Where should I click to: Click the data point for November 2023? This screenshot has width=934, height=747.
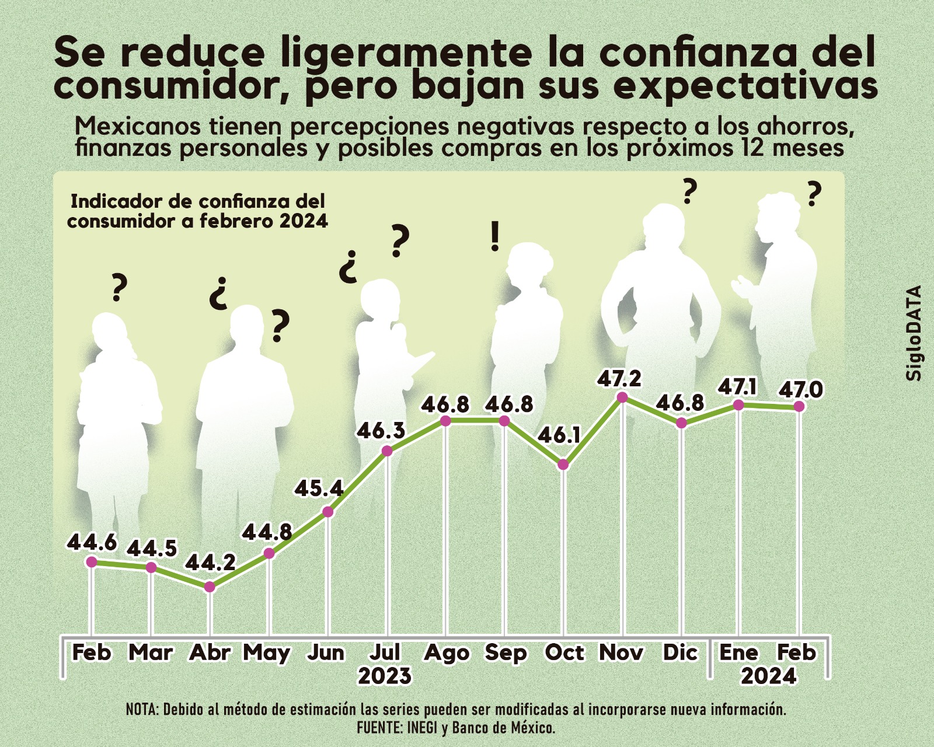[x=622, y=397]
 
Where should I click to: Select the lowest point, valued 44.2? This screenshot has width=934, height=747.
[x=210, y=587]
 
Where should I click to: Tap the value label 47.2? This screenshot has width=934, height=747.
[x=619, y=379]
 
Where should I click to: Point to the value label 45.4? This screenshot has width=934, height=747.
[x=319, y=488]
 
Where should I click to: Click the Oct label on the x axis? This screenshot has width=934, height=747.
[x=564, y=652]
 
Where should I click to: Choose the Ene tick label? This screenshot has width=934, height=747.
[x=739, y=652]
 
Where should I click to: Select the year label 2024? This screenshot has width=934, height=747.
[x=768, y=676]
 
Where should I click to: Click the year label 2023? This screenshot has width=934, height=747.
[x=385, y=676]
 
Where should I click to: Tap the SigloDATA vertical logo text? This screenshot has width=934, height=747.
[x=914, y=333]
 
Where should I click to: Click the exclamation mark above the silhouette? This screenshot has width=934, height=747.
[x=495, y=237]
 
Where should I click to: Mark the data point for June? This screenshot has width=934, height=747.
[x=328, y=512]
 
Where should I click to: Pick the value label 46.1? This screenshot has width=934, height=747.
[x=559, y=435]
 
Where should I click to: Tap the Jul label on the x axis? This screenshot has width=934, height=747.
[x=386, y=652]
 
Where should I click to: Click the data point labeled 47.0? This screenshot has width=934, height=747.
[x=799, y=406]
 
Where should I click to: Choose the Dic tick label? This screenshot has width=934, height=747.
[x=681, y=652]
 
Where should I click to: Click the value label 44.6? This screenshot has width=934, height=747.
[x=92, y=542]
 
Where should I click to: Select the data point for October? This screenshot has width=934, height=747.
[x=563, y=465]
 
